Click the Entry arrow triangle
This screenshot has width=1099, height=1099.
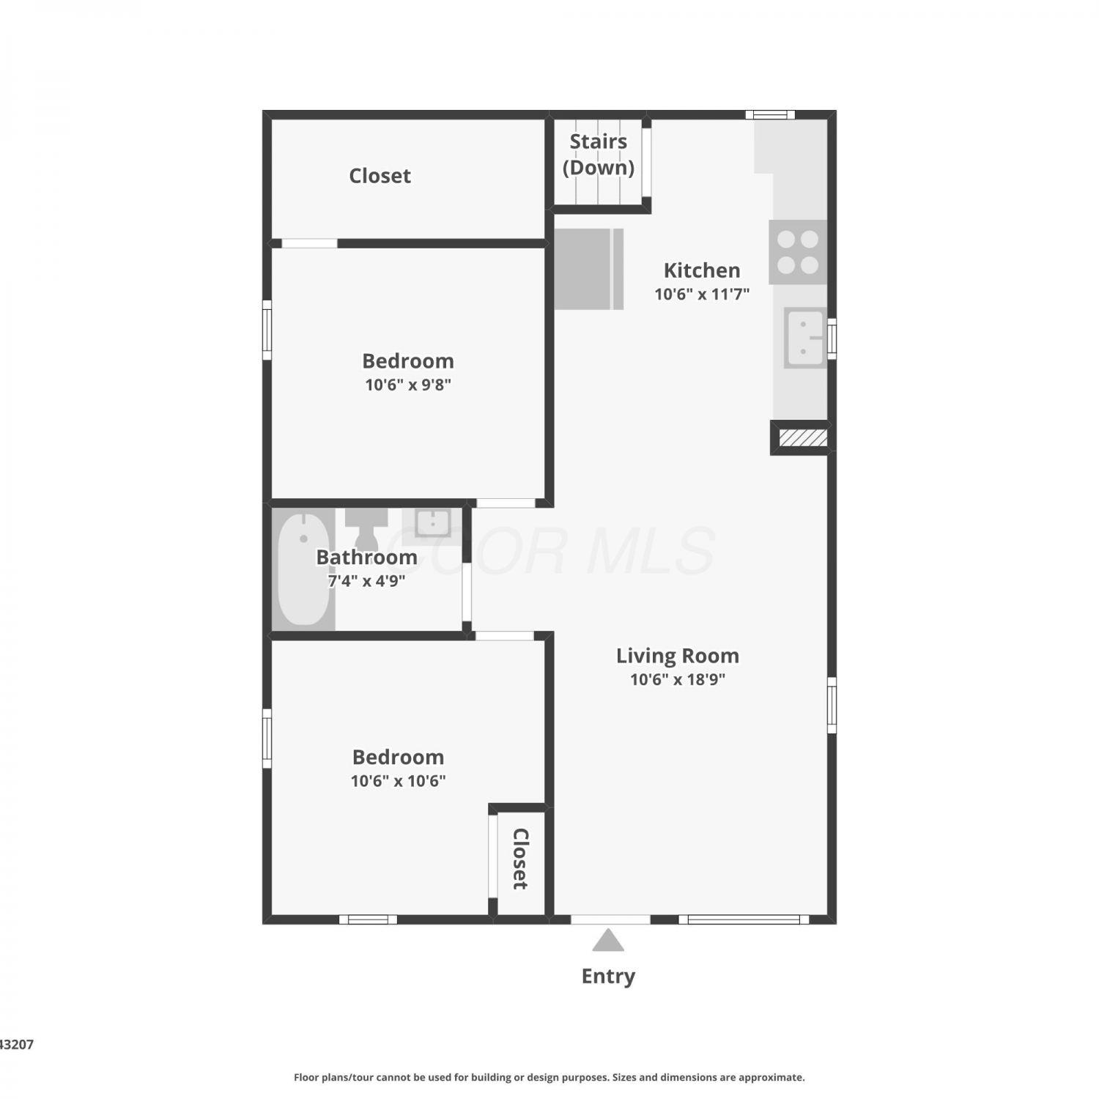(608, 941)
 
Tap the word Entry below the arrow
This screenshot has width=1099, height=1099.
(608, 977)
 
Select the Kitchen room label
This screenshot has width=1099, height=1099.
(702, 270)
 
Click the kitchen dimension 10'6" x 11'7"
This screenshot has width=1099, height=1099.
(702, 295)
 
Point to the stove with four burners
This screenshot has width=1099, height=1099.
(798, 252)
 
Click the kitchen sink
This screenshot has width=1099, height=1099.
(805, 338)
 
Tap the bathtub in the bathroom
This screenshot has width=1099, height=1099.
(303, 569)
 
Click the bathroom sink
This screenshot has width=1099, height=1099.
(432, 523)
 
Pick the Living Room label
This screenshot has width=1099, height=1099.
(677, 656)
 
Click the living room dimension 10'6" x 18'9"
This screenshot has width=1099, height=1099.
(678, 679)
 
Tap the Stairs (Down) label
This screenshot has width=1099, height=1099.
(599, 155)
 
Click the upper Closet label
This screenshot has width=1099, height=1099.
(380, 176)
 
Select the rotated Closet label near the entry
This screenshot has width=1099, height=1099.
(520, 859)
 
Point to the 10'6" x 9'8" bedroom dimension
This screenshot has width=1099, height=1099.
(408, 385)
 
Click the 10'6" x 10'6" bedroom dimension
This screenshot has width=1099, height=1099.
(398, 781)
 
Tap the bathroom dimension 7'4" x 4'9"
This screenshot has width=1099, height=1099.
(366, 581)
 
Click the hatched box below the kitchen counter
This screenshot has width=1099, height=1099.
(802, 438)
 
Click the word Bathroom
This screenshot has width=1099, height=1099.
(366, 558)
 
